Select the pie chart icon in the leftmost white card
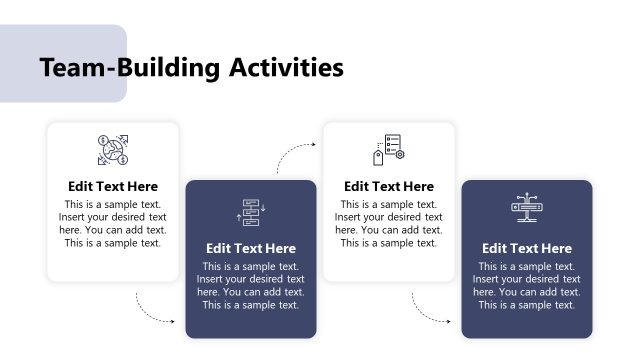point(112,150)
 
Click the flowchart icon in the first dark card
point(250,212)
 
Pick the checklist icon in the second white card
point(388,150)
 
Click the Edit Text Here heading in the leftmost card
point(113,186)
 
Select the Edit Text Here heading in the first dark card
point(251,248)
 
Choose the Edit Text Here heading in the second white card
point(389,186)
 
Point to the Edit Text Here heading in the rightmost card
point(527,248)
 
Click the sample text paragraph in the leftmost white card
point(113,223)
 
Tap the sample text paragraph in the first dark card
point(251,285)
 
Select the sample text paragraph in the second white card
point(389,223)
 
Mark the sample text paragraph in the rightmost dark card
point(527,285)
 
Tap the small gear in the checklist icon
point(399,155)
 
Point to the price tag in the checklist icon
point(379,157)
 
